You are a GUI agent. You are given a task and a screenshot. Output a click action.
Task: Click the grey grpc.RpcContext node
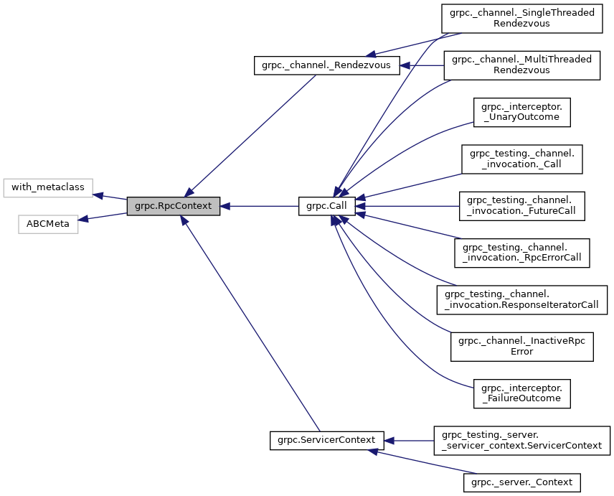173,206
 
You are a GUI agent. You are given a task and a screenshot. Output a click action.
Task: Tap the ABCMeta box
48,224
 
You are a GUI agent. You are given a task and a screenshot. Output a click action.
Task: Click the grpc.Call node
327,206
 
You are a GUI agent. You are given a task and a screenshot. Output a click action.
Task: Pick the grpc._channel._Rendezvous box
326,65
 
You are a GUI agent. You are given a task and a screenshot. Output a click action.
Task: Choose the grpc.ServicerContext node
326,439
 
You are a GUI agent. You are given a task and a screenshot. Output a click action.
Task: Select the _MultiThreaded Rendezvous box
521,65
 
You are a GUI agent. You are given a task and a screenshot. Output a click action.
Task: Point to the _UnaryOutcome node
521,111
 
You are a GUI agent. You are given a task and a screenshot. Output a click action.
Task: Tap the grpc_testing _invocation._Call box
521,159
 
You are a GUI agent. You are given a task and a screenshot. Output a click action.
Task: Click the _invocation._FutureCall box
521,205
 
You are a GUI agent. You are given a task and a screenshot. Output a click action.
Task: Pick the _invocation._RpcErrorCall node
521,253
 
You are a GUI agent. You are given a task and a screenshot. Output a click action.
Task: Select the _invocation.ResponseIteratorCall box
521,299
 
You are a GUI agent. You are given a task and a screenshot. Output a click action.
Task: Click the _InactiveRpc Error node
521,346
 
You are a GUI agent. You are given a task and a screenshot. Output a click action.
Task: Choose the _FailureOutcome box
521,393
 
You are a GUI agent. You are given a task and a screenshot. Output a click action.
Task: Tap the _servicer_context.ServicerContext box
521,440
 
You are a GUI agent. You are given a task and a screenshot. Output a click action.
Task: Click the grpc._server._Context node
521,482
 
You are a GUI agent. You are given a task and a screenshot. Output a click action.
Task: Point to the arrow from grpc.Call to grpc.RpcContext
259,206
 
